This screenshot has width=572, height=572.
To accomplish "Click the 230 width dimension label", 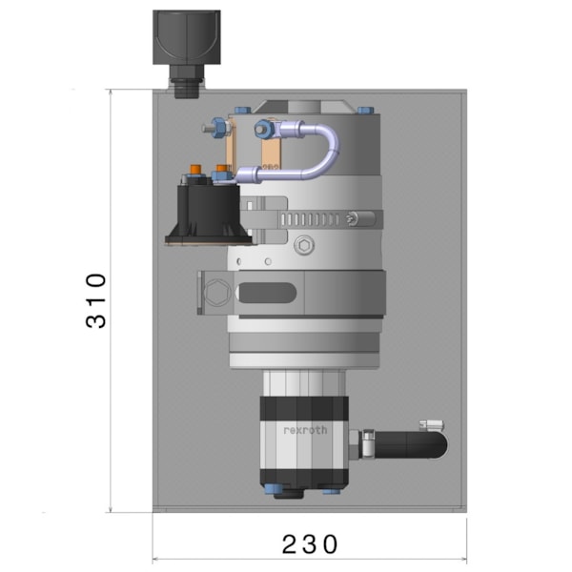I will pos(310,544).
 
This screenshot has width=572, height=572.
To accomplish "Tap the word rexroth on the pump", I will pos(305,430).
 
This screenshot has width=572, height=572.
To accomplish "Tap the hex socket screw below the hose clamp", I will pos(304,245).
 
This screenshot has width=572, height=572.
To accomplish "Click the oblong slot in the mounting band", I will pos(267,293).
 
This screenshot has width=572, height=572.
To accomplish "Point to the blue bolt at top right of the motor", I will pos(363,108).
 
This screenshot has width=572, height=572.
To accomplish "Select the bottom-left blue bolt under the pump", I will pos(278,491).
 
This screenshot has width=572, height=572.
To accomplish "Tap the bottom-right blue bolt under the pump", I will pos(332,491).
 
